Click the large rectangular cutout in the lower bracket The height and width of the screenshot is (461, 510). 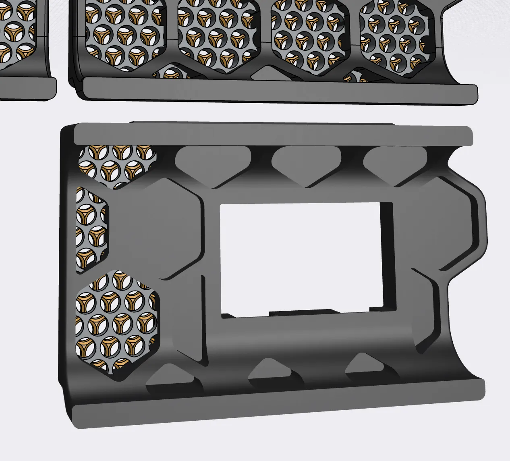[x=300, y=258]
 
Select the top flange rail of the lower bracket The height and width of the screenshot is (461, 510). [x=272, y=135]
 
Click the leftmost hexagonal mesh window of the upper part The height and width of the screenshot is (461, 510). [x=125, y=34]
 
